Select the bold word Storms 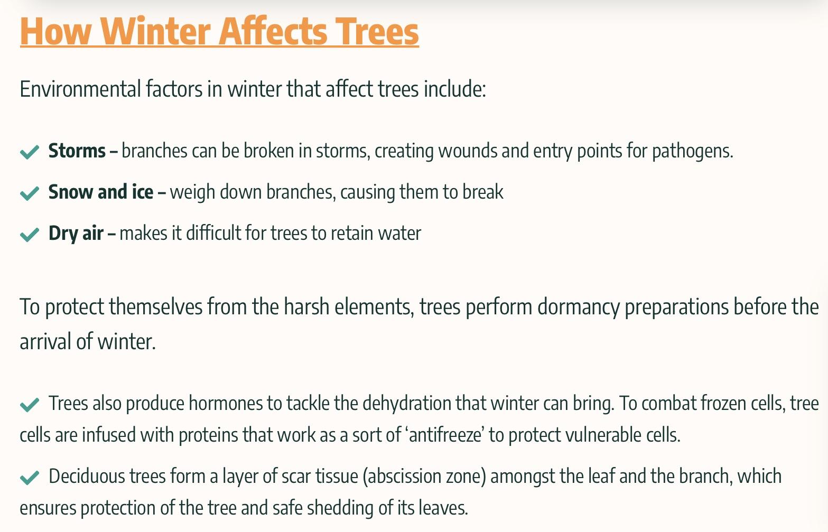(77, 151)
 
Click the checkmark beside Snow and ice (30, 193)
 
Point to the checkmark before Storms (30, 152)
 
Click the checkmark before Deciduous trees (30, 477)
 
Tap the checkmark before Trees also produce (30, 405)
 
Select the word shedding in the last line (340, 509)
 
